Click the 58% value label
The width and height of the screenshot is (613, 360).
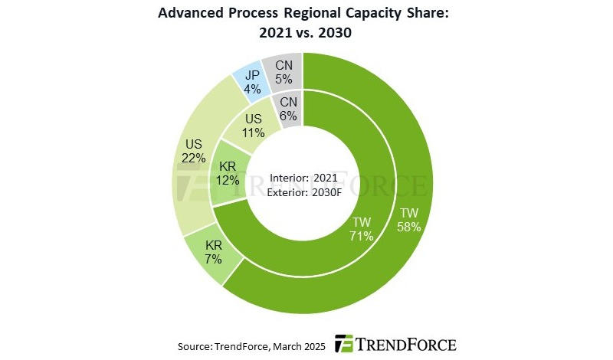(x=408, y=226)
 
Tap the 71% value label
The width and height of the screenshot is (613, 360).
(x=361, y=236)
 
